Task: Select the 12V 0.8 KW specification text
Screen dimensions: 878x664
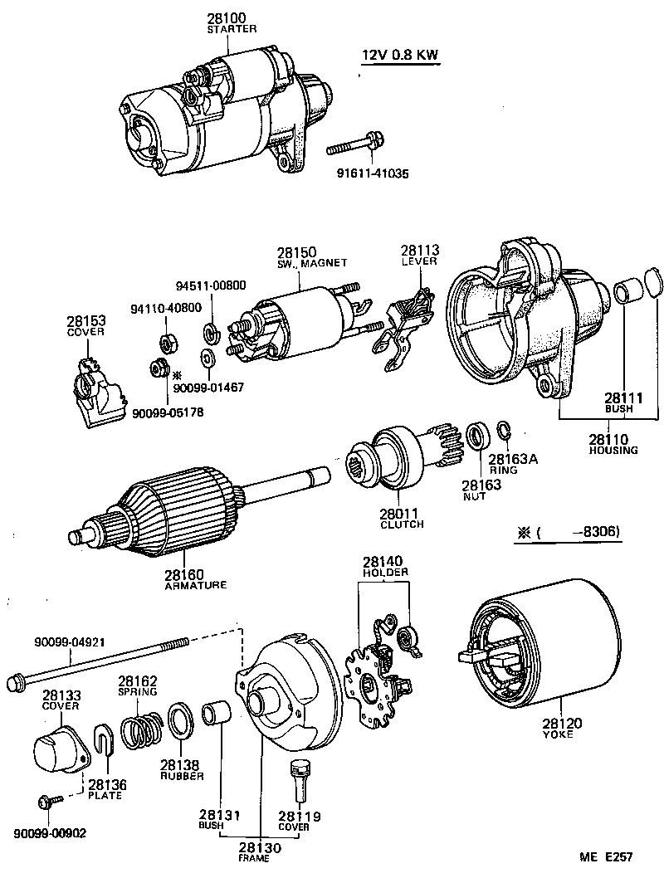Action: click(x=399, y=56)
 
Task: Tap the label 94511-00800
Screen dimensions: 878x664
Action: click(x=210, y=285)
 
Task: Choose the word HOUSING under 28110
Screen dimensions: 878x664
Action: click(x=613, y=451)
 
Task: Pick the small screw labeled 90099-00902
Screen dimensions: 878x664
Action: click(x=48, y=802)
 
